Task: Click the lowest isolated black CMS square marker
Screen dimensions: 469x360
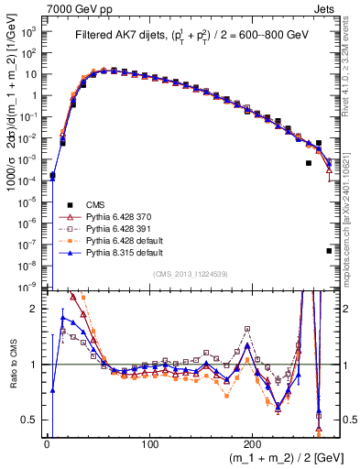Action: [x=329, y=250]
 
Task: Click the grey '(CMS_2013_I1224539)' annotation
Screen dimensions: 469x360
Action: [x=191, y=274]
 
